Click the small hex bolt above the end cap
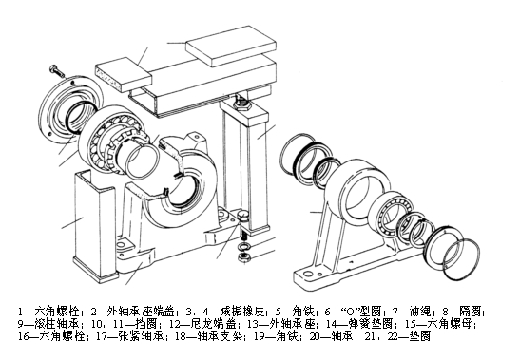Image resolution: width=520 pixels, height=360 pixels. pyautogui.click(x=57, y=70)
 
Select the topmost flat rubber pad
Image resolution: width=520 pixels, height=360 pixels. pyautogui.click(x=231, y=46)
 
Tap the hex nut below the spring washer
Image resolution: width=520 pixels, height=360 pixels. pyautogui.click(x=243, y=257)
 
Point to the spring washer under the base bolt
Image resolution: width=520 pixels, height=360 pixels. pyautogui.click(x=243, y=247)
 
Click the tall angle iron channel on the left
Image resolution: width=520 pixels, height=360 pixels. pyautogui.click(x=94, y=225)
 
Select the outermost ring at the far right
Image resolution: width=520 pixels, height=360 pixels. pyautogui.click(x=461, y=259)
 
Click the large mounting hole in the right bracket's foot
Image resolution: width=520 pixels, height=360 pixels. pyautogui.click(x=308, y=275)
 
